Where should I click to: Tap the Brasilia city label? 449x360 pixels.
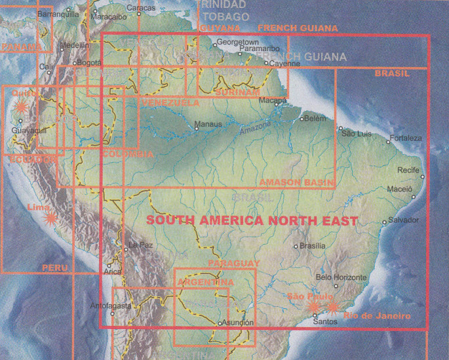click(312, 246)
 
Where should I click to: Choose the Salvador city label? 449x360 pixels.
click(403, 220)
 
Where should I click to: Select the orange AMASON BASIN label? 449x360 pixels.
click(297, 182)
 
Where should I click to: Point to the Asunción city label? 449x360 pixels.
click(237, 323)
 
